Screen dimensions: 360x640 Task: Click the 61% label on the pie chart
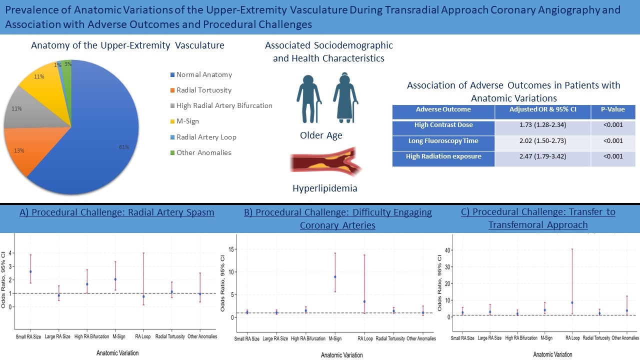pyautogui.click(x=124, y=147)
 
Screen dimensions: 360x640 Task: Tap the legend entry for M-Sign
pyautogui.click(x=187, y=121)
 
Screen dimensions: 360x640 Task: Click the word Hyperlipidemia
pyautogui.click(x=325, y=188)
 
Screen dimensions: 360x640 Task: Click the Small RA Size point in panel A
pyautogui.click(x=30, y=272)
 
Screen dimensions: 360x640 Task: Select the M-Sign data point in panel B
pyautogui.click(x=335, y=277)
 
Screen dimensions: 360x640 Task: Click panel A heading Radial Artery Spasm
pyautogui.click(x=116, y=212)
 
